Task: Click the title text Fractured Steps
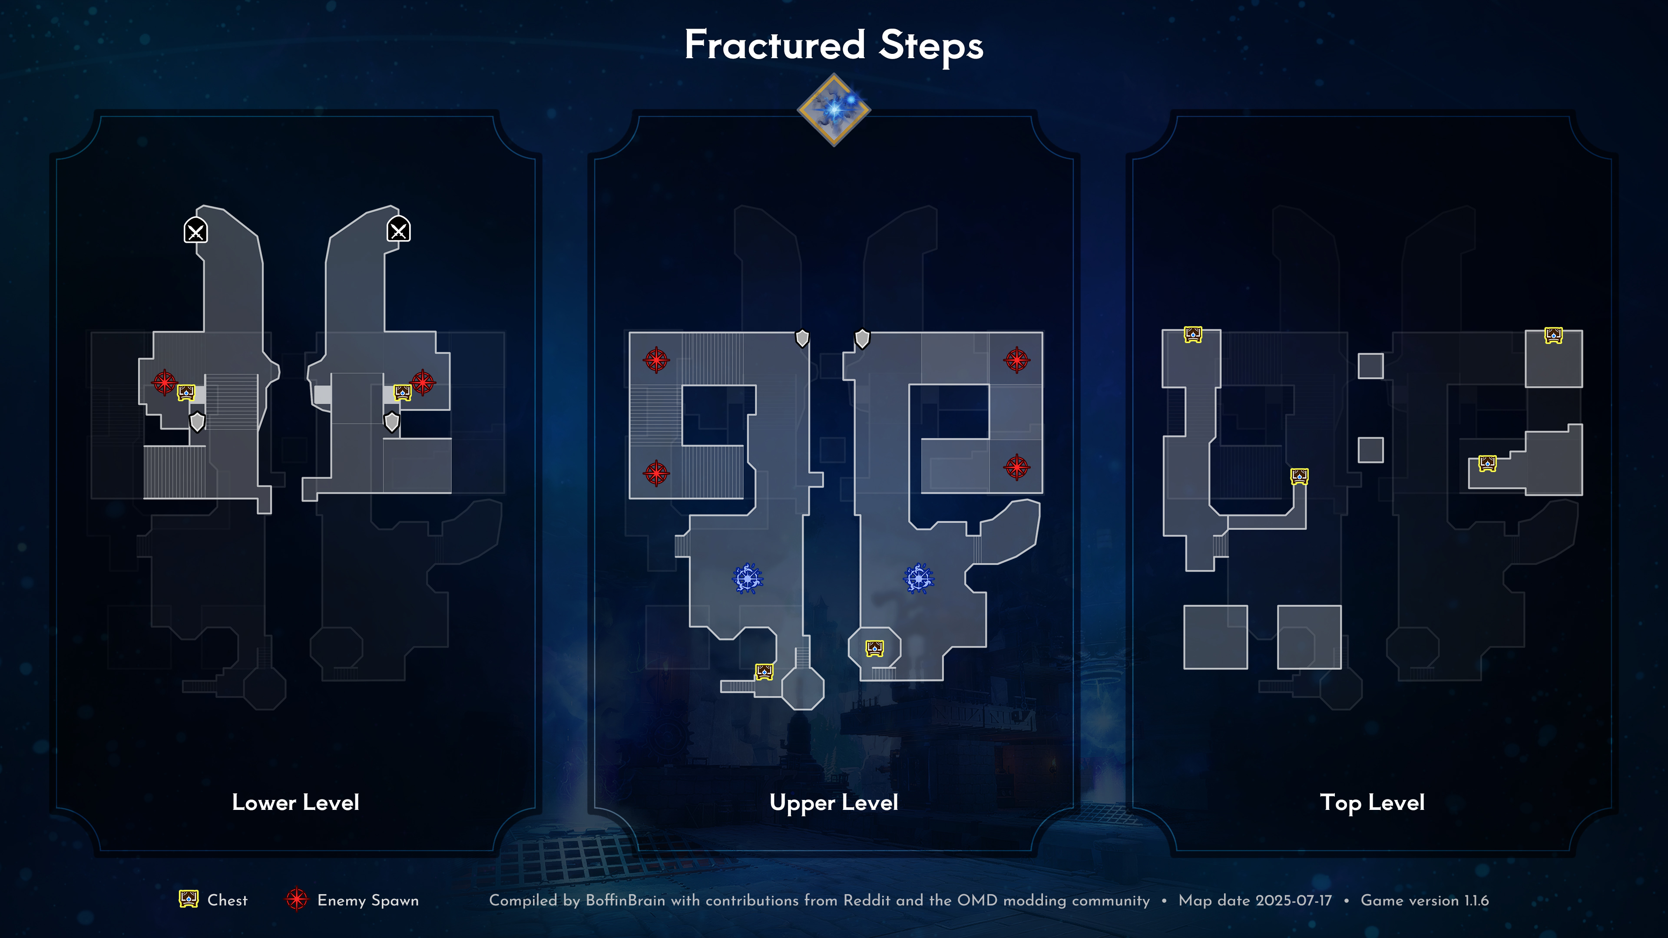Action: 834,45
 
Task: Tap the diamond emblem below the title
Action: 834,109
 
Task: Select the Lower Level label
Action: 295,802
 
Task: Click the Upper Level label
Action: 834,803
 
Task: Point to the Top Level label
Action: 1372,803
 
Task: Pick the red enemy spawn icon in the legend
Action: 297,899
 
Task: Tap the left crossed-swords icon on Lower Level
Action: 195,230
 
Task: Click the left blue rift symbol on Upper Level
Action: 748,578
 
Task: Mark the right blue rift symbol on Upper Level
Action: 919,578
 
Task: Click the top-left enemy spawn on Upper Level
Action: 656,360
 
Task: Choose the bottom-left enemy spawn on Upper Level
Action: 656,473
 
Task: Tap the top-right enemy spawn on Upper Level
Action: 1016,360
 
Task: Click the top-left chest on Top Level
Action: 1193,334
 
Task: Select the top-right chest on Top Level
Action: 1553,335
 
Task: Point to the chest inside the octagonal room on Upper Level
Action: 875,647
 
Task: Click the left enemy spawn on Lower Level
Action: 164,383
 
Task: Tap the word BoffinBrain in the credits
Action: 625,901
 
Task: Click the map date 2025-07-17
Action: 1293,901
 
